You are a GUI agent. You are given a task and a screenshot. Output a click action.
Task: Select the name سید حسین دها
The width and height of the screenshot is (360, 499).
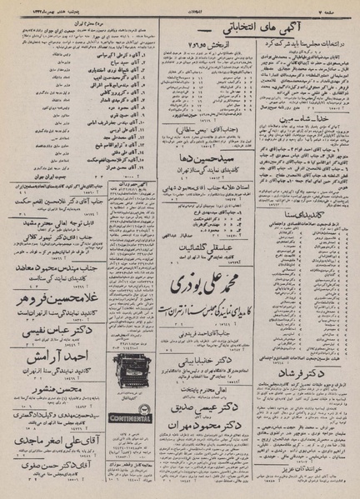209,155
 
